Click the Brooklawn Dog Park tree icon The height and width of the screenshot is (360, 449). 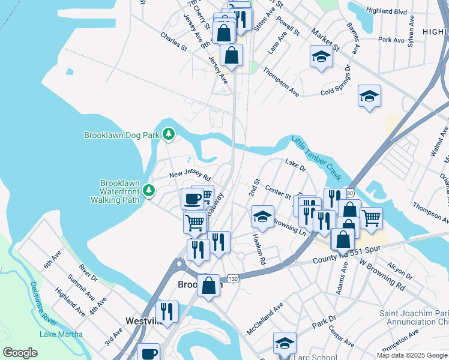(169, 134)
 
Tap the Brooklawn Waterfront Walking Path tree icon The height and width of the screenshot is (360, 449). (148, 191)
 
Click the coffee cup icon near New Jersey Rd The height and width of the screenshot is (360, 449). (192, 199)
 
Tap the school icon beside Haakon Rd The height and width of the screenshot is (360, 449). (262, 216)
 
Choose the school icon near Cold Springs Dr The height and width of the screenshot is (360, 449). (369, 95)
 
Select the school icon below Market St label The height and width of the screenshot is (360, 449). (321, 56)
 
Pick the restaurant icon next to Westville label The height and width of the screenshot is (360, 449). (167, 311)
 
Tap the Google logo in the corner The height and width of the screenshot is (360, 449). (20, 353)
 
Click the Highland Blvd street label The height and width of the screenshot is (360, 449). (403, 11)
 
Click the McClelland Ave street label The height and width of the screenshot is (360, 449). (264, 320)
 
